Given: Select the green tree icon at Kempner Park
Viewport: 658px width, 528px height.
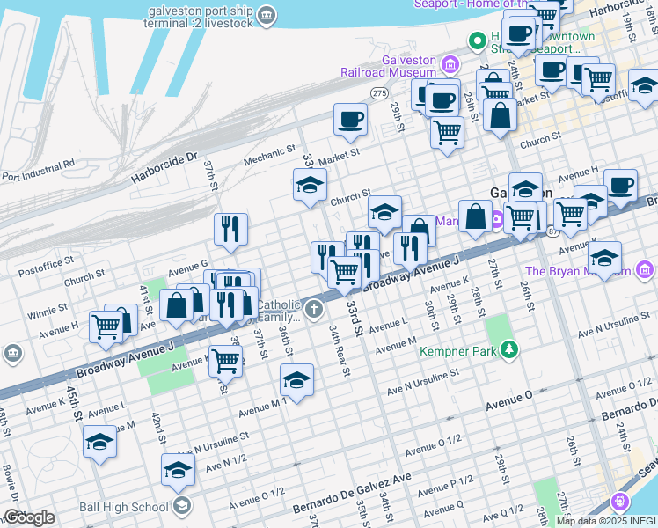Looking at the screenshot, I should pos(508,351).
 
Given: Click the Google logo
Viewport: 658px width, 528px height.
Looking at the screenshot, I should pos(28,517).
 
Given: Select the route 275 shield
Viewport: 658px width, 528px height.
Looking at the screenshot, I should pos(379,92).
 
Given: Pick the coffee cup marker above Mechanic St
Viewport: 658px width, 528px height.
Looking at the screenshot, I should pos(350,119).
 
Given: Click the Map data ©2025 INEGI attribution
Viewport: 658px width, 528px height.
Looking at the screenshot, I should pos(605,521).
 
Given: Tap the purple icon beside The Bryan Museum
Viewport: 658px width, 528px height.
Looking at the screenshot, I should pos(645,268).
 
